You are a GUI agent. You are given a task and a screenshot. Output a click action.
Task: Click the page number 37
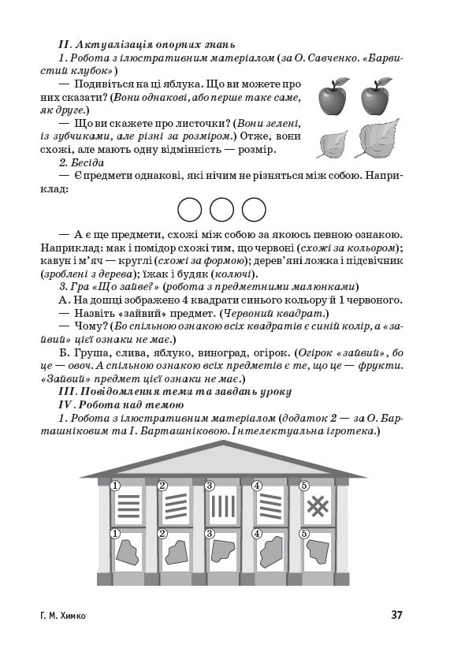coord(397,615)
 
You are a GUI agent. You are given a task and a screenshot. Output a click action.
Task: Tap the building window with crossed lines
coord(317,505)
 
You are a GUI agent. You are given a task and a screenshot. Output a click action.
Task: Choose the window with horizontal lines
coord(128,505)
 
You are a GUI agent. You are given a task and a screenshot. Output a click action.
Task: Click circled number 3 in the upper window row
coord(210,486)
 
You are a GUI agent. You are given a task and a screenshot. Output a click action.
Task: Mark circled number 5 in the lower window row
coord(303,534)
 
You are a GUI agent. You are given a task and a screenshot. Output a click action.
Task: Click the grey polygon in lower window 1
coord(128,553)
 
